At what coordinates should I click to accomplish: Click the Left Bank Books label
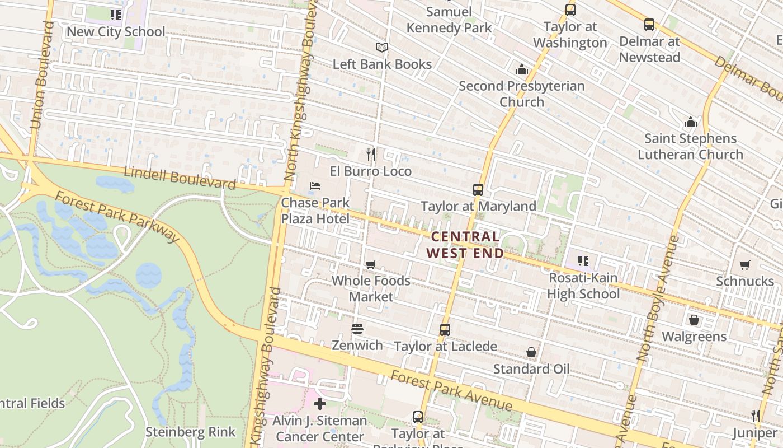(x=382, y=64)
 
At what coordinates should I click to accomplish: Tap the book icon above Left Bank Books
(x=382, y=48)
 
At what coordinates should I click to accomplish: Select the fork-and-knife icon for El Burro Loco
(x=370, y=154)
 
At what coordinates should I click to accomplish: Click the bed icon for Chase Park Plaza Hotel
(x=315, y=186)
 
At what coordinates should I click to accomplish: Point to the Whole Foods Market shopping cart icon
(x=370, y=264)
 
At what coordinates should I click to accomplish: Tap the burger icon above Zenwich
(x=357, y=329)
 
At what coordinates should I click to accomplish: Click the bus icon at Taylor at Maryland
(x=478, y=190)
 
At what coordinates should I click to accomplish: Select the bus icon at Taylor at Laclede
(x=445, y=330)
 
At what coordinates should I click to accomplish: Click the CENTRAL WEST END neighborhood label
(x=465, y=245)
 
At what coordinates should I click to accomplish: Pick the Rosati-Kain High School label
(x=583, y=286)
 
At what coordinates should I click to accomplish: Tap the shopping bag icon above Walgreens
(x=694, y=320)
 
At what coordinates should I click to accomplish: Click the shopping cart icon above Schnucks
(x=744, y=264)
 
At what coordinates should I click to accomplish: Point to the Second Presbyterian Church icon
(x=521, y=69)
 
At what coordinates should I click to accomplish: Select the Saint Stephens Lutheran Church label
(x=690, y=146)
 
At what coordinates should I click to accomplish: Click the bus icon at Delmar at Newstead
(x=649, y=25)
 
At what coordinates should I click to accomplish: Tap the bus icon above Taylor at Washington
(x=570, y=10)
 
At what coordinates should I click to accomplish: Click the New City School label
(x=116, y=32)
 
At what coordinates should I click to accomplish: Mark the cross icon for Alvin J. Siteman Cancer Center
(x=320, y=404)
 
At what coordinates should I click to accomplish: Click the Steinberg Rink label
(x=190, y=432)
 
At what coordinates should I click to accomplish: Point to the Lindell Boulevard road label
(x=180, y=178)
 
